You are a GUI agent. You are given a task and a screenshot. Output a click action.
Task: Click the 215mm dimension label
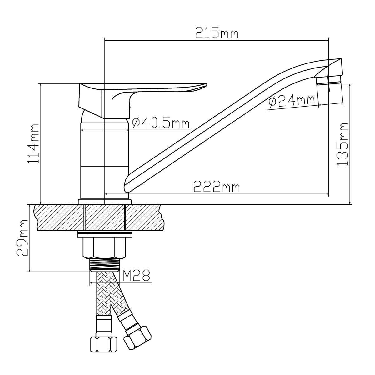pyautogui.click(x=217, y=33)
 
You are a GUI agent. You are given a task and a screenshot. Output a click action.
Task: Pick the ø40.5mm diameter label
pyautogui.click(x=161, y=123)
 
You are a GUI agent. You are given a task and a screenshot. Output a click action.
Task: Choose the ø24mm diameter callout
pyautogui.click(x=291, y=101)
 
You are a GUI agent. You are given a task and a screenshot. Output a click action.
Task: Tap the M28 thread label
pyautogui.click(x=136, y=275)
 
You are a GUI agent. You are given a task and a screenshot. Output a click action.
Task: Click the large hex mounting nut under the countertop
pyautogui.click(x=104, y=248)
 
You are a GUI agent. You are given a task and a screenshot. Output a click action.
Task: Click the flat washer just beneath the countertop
pyautogui.click(x=104, y=233)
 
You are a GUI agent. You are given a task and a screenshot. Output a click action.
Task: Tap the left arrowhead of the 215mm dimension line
pyautogui.click(x=106, y=40)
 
